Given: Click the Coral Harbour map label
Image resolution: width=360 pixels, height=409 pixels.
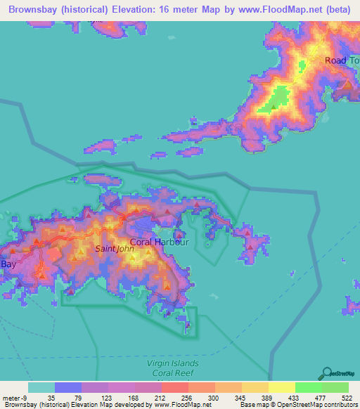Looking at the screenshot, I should tap(160, 242).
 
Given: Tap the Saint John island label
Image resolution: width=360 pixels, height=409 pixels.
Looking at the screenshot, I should tap(115, 248).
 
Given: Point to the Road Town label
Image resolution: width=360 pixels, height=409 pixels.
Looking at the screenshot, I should tap(342, 60).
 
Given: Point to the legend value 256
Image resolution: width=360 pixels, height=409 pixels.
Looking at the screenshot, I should tap(175, 397).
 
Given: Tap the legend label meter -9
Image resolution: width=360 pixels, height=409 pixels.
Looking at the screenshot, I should tap(14, 397).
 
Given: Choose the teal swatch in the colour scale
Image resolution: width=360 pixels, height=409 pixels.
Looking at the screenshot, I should tap(41, 387).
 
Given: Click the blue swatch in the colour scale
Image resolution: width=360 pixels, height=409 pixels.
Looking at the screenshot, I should tap(68, 387).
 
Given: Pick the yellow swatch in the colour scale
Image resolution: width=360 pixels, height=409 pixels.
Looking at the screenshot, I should tap(281, 387).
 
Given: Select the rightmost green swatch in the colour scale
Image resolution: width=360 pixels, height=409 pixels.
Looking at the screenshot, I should tap(335, 387).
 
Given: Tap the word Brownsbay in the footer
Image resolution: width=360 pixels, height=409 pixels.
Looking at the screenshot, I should tap(20, 405).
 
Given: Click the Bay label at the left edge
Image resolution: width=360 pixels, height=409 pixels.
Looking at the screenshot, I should tap(8, 264).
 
